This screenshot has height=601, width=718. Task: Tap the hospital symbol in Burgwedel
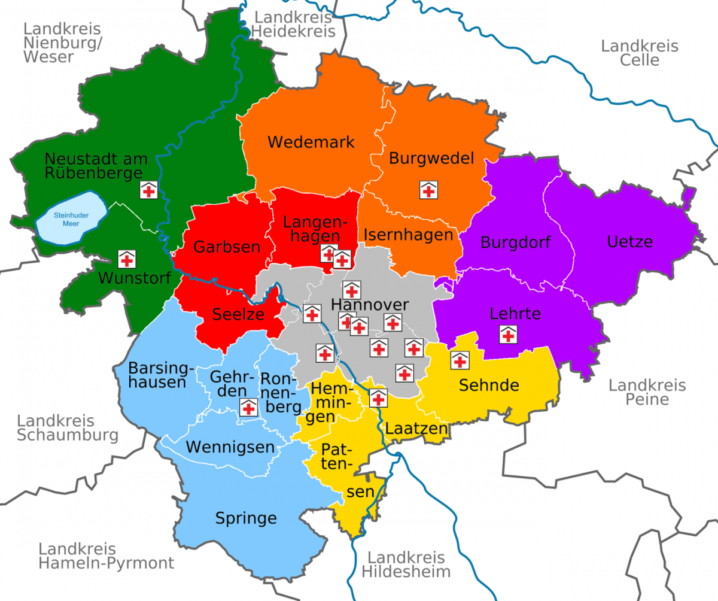click(x=428, y=190)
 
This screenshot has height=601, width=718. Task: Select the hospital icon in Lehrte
click(x=508, y=335)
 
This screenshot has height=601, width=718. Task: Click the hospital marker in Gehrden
click(x=248, y=408)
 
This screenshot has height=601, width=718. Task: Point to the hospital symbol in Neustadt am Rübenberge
click(x=148, y=190)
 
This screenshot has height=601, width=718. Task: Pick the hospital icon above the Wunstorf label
click(x=126, y=259)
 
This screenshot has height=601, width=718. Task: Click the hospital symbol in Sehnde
click(x=460, y=360)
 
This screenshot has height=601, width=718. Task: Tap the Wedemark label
click(x=311, y=142)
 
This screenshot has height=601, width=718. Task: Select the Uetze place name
click(x=629, y=242)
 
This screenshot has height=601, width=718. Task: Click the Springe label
click(x=246, y=518)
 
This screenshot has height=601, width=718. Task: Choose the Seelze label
click(x=239, y=314)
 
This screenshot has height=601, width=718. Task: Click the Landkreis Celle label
click(x=640, y=53)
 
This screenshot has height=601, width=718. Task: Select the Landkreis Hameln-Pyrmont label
click(x=106, y=556)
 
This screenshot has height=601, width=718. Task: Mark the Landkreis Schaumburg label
click(x=67, y=428)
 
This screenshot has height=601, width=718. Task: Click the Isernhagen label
click(x=408, y=235)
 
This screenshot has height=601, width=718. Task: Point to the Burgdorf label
click(x=516, y=244)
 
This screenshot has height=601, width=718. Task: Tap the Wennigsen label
click(x=230, y=447)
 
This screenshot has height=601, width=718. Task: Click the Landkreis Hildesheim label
click(x=406, y=564)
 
